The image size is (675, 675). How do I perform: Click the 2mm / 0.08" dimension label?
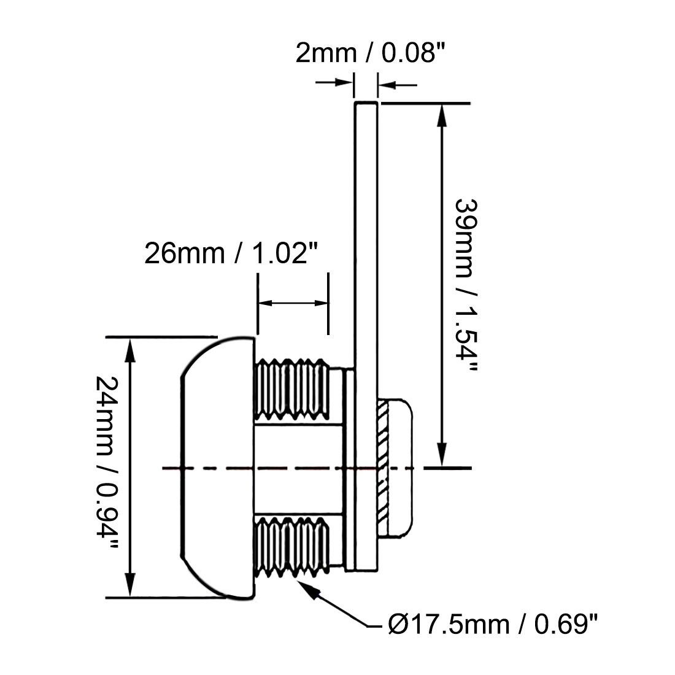click(x=369, y=53)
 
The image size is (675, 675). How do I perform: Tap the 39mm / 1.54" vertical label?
click(x=464, y=285)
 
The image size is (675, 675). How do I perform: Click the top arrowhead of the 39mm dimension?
click(x=441, y=114)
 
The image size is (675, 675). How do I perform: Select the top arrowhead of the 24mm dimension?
click(x=129, y=348)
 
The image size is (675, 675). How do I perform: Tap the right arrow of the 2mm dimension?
click(x=387, y=85)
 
